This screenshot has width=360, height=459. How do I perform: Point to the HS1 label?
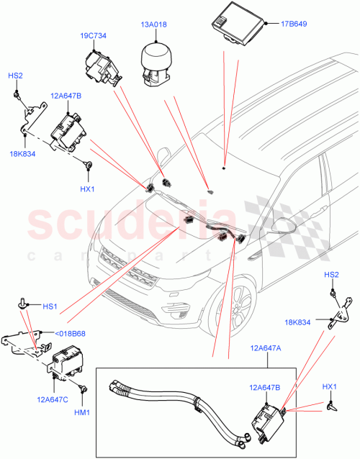pos(50,306)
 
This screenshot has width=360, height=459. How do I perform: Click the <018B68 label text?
pos(70,333)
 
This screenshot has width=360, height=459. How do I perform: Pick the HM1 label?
pos(83,412)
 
